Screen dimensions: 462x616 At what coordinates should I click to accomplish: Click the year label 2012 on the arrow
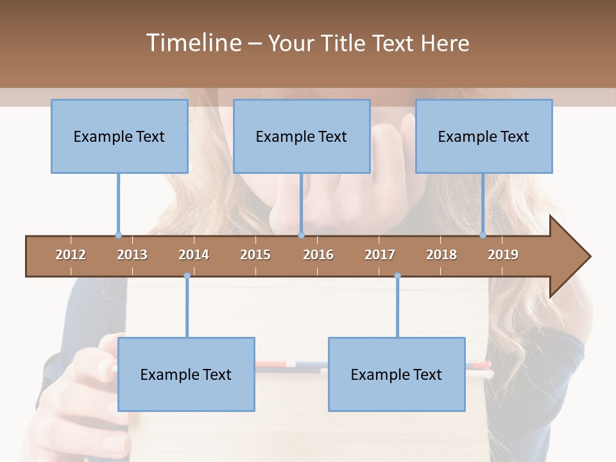click(x=71, y=255)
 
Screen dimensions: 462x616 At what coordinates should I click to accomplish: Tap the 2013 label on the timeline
click(x=132, y=255)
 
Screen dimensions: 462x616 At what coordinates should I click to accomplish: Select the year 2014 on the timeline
click(x=194, y=255)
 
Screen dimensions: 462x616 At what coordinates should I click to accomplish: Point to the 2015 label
click(x=255, y=255)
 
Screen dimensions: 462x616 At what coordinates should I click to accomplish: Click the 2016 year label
click(x=318, y=255)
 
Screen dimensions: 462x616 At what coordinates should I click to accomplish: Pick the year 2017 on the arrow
click(x=380, y=255)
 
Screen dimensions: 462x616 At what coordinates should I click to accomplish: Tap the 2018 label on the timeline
click(x=441, y=255)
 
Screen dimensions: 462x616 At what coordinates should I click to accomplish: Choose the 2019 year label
click(x=503, y=255)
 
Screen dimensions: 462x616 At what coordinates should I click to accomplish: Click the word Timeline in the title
click(x=193, y=43)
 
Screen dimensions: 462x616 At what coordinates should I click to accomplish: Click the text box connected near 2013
click(x=119, y=136)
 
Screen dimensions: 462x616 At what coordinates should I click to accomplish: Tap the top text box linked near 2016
click(x=302, y=136)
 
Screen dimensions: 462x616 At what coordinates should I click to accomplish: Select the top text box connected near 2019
click(x=484, y=136)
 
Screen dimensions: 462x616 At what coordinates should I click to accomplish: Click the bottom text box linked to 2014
click(x=186, y=374)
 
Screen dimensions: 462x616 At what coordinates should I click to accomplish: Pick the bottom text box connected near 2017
click(x=397, y=374)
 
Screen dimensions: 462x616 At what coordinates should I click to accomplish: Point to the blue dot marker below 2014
click(x=187, y=276)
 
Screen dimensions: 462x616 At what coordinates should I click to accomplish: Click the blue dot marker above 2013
click(x=118, y=235)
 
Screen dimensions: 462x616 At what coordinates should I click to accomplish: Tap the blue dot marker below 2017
click(x=397, y=276)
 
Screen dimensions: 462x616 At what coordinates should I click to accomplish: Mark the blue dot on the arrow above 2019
click(x=483, y=235)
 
